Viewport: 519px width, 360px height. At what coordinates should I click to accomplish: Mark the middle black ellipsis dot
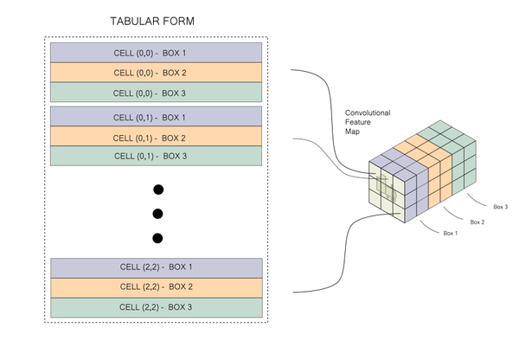pos(157,214)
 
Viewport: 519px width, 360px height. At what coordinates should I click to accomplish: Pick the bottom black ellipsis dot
pos(157,238)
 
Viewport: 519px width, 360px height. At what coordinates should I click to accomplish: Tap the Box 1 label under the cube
pos(451,234)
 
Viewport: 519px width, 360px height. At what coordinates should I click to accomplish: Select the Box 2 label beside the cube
pos(476,222)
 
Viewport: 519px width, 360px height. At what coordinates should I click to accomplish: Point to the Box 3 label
pos(500,207)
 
